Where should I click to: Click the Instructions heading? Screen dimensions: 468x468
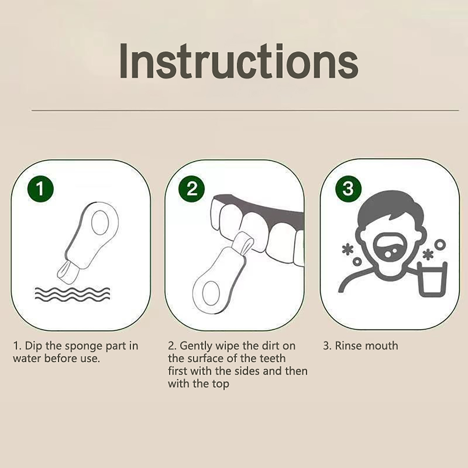coord(239,61)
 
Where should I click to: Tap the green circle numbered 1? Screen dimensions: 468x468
coord(41,189)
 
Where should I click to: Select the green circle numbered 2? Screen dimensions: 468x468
coord(192,189)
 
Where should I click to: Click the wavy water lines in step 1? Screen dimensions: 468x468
coord(72,293)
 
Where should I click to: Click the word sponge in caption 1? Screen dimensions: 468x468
coord(84,346)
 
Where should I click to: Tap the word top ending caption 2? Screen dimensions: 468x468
coord(221,384)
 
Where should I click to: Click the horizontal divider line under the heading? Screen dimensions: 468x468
coord(245,111)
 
